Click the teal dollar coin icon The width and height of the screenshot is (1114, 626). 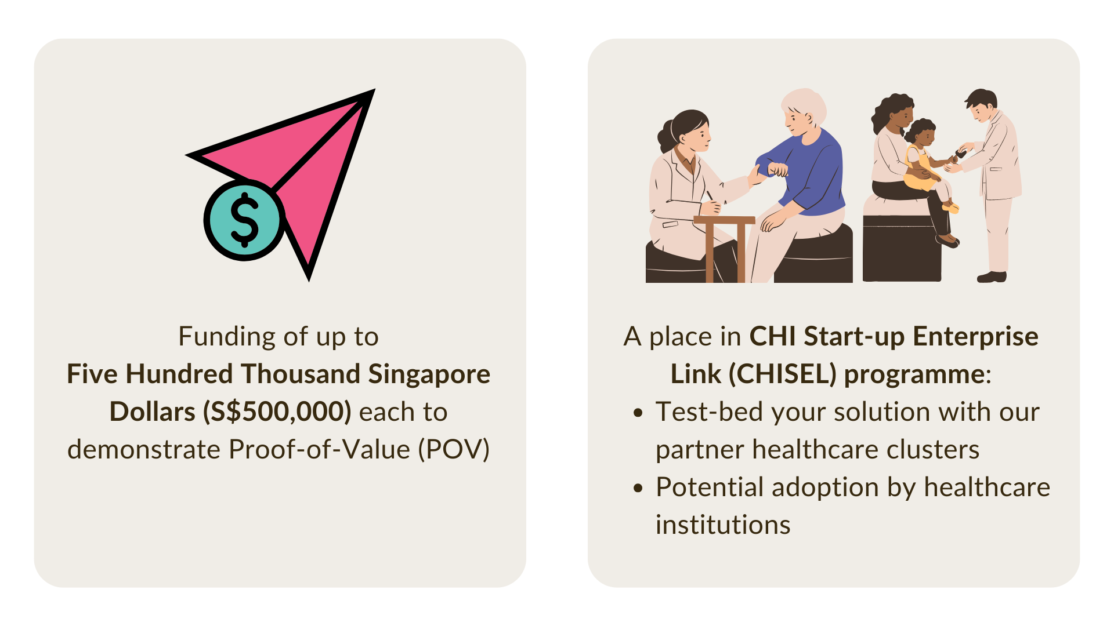coord(244,220)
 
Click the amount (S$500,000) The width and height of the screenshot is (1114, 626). coord(277,412)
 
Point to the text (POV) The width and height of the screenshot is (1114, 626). coord(454,450)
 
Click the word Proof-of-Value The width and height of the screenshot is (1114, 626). coord(320,450)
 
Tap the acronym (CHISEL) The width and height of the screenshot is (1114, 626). coord(782,374)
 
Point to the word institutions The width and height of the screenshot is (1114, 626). coord(723,525)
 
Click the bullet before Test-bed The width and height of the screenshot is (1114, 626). coord(639,413)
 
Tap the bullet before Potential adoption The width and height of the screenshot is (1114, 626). coord(639,488)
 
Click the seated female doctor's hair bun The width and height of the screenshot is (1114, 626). coord(665,137)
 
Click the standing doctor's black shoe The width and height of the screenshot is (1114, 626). coord(992,277)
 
